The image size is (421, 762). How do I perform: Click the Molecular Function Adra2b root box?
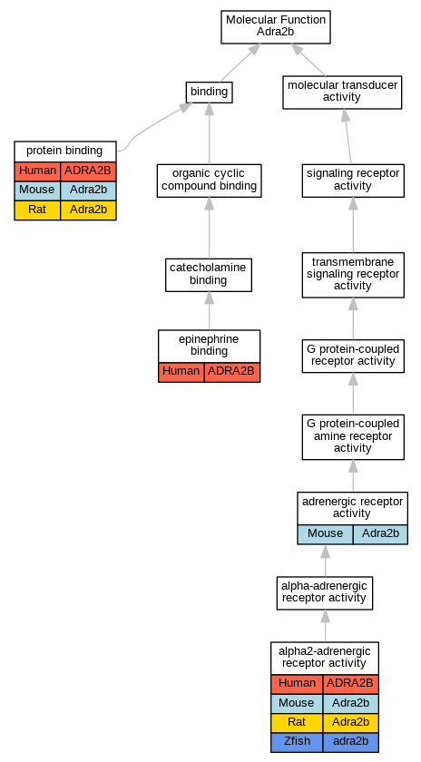(x=276, y=26)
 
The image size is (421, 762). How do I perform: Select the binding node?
(x=209, y=92)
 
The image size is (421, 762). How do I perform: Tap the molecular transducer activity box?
(x=342, y=92)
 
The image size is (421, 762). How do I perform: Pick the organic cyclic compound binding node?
(x=209, y=181)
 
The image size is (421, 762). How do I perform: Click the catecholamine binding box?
(x=209, y=275)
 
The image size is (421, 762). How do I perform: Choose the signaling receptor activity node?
(x=353, y=181)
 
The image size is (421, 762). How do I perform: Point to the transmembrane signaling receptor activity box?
(x=353, y=275)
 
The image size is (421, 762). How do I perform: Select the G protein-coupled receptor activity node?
(x=353, y=356)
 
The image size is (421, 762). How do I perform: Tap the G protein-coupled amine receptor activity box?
(x=353, y=437)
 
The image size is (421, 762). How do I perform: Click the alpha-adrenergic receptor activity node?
(x=325, y=593)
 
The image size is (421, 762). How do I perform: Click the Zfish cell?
(x=297, y=742)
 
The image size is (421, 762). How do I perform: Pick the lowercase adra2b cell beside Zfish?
(x=350, y=742)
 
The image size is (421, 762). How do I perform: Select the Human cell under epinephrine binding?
(x=181, y=372)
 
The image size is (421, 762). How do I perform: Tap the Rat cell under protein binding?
(x=37, y=210)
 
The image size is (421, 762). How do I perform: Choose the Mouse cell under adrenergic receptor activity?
(x=325, y=534)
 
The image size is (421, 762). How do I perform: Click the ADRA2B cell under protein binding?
(x=88, y=171)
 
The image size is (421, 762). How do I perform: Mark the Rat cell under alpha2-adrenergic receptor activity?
(x=297, y=723)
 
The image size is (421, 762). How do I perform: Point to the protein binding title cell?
(x=65, y=151)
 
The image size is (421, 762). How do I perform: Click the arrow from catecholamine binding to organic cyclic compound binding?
(x=209, y=228)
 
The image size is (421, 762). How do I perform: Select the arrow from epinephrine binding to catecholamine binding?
(x=209, y=311)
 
